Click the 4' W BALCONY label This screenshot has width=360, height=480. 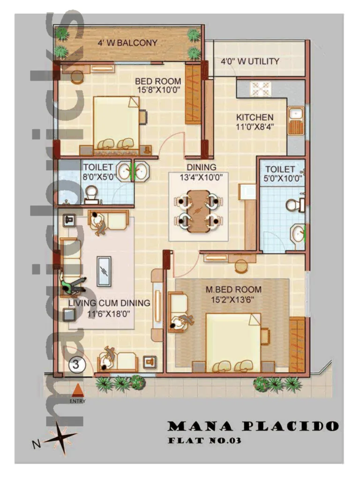point(127,43)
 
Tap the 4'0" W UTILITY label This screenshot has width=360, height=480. point(250,61)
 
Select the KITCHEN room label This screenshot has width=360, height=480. point(255,117)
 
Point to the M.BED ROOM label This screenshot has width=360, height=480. point(233,290)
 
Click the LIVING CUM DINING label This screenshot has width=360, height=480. point(109,303)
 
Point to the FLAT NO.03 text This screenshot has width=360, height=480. point(204,441)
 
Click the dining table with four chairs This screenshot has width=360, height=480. point(199,211)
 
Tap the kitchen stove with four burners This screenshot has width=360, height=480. point(261,88)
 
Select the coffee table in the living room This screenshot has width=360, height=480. point(104,271)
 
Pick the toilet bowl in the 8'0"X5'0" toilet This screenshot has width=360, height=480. point(91,192)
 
